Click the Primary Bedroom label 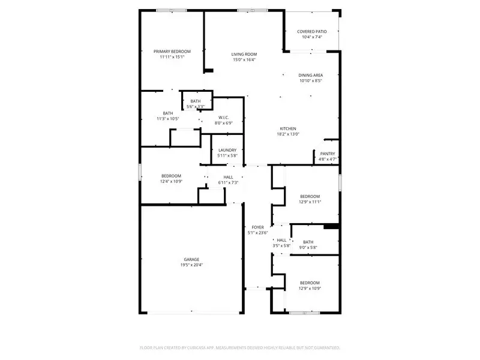pyautogui.click(x=172, y=52)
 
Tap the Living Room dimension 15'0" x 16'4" pyautogui.click(x=244, y=60)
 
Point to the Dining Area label pyautogui.click(x=311, y=75)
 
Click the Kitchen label pyautogui.click(x=288, y=128)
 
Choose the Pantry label pyautogui.click(x=328, y=153)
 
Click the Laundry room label pyautogui.click(x=227, y=150)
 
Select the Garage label pyautogui.click(x=191, y=259)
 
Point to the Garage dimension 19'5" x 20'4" pyautogui.click(x=191, y=265)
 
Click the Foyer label pyautogui.click(x=257, y=227)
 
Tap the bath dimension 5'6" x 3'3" pyautogui.click(x=196, y=107)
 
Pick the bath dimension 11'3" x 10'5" pyautogui.click(x=168, y=119)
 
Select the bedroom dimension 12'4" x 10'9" pyautogui.click(x=171, y=181)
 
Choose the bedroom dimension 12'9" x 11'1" pyautogui.click(x=310, y=202)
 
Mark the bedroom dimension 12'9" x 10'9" pyautogui.click(x=310, y=289)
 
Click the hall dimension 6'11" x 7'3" pyautogui.click(x=228, y=183)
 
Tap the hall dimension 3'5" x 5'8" pyautogui.click(x=281, y=246)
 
